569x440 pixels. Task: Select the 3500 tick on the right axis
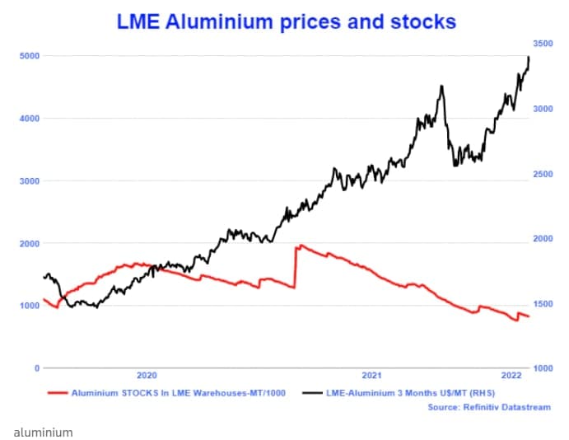(x=544, y=43)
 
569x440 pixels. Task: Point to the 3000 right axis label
(x=544, y=108)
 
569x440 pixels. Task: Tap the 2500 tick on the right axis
(x=544, y=174)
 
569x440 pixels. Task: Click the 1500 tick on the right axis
(x=544, y=304)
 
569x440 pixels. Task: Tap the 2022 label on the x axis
(x=511, y=376)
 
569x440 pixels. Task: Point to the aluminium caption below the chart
(x=43, y=433)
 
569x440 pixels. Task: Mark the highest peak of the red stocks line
(x=301, y=245)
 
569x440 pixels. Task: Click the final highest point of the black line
(x=529, y=56)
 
